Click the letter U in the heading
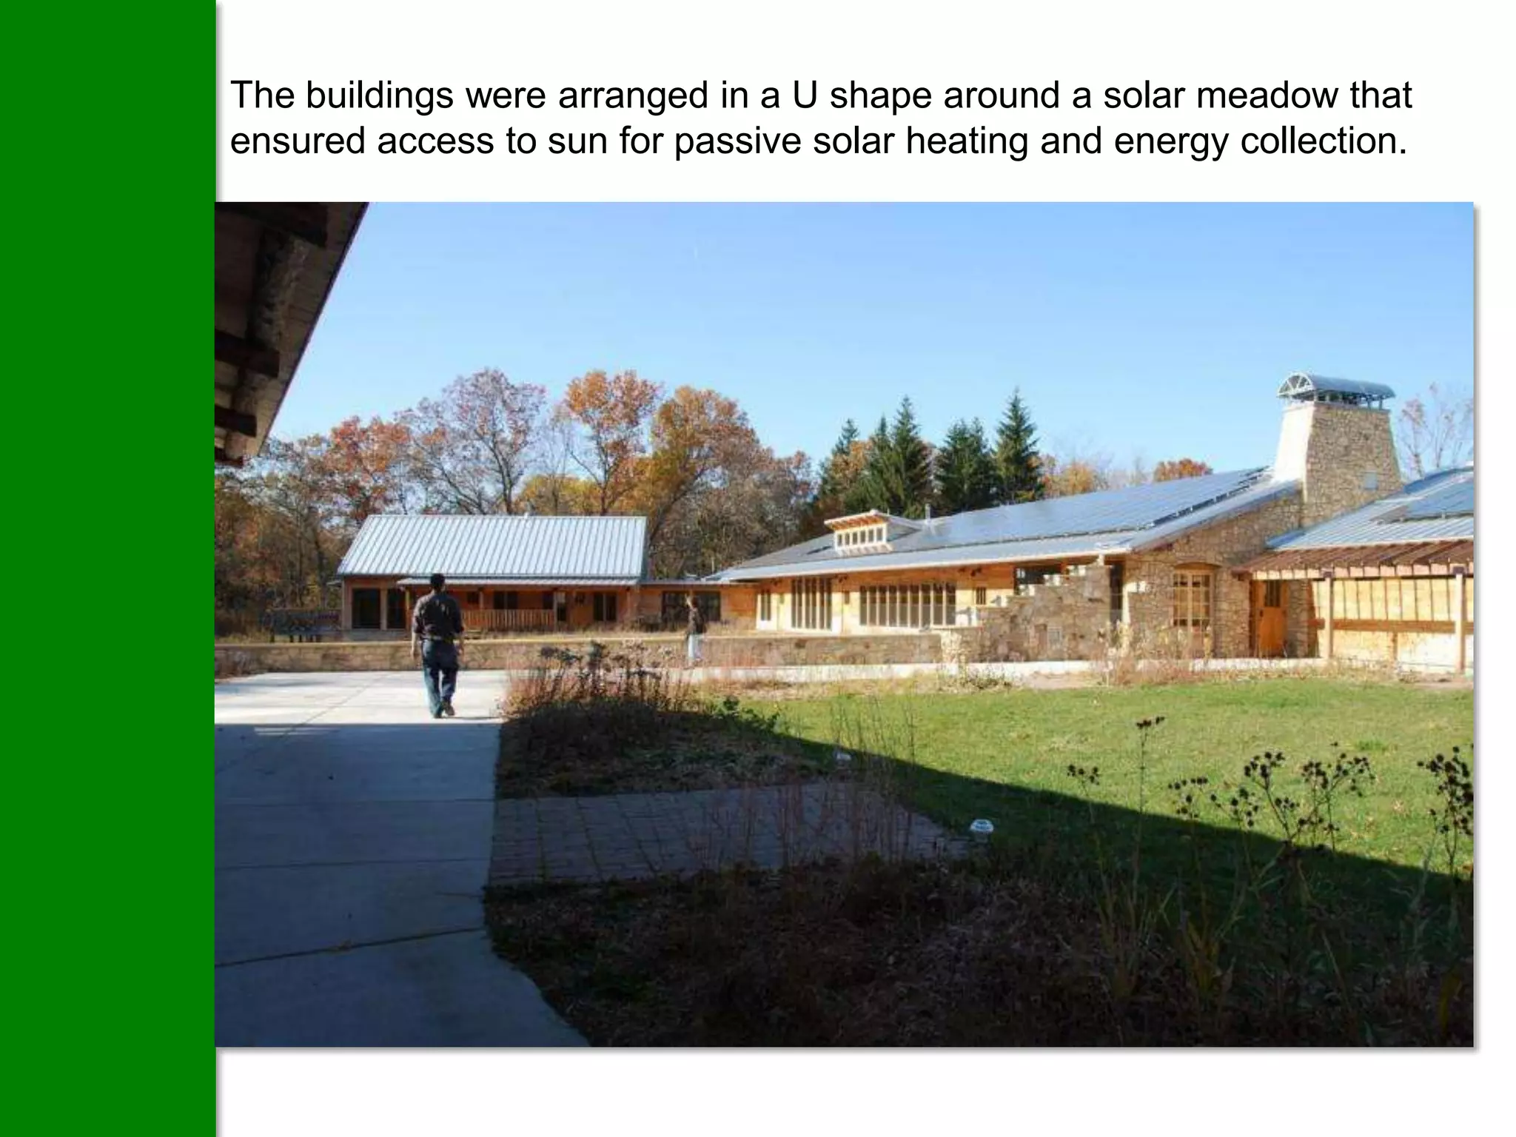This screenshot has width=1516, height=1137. click(805, 96)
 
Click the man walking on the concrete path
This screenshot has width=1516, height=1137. click(438, 645)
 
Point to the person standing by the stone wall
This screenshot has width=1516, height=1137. click(694, 629)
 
